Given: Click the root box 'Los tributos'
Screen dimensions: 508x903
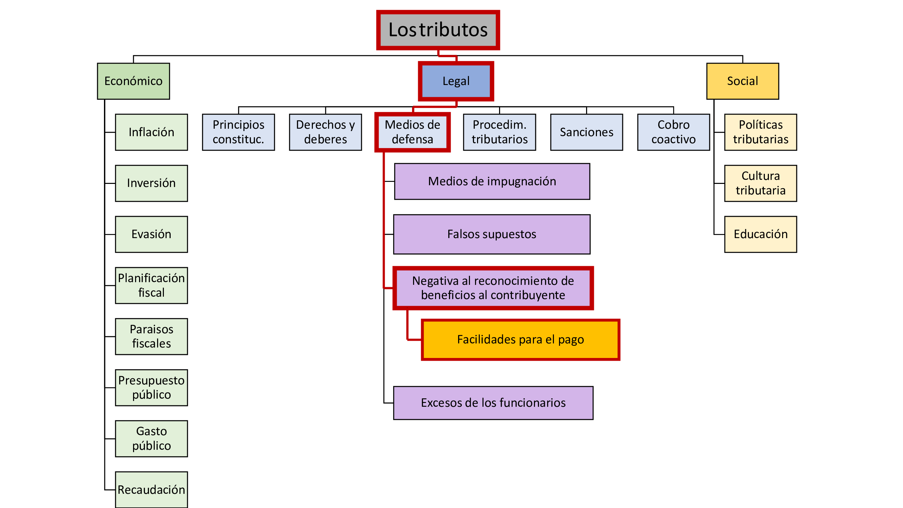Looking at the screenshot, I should click(x=438, y=30).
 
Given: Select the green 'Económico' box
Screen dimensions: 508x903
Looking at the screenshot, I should click(x=133, y=81).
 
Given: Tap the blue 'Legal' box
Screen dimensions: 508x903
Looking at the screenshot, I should click(x=456, y=81).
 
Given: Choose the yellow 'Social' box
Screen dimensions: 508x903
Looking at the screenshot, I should click(x=743, y=81).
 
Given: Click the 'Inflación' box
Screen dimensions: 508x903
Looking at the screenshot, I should click(x=151, y=132).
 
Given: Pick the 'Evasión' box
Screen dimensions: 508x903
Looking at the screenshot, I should click(x=151, y=234).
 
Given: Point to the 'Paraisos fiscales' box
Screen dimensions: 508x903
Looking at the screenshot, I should click(x=151, y=336).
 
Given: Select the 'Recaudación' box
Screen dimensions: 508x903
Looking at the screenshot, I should click(x=151, y=489).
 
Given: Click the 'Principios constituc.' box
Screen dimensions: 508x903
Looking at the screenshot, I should click(x=238, y=132).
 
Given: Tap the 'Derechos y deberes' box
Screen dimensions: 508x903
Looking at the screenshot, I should click(x=325, y=132).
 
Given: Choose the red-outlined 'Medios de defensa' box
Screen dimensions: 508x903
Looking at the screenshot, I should click(x=412, y=132).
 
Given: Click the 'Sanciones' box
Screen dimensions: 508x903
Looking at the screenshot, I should click(x=586, y=132).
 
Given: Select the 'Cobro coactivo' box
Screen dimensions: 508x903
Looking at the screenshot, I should click(x=673, y=132).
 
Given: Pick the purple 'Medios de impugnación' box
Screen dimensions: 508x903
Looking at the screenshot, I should click(x=492, y=181).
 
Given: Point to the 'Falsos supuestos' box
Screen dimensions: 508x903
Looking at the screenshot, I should click(x=492, y=234).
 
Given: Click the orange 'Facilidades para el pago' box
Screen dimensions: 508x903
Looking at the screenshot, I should click(x=520, y=339).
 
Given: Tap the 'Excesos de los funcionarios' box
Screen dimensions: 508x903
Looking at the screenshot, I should click(x=493, y=403).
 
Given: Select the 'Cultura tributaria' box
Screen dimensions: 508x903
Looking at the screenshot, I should click(x=760, y=183).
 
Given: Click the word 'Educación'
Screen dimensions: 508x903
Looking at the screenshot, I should click(x=760, y=234).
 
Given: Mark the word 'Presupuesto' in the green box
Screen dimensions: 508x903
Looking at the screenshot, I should click(x=151, y=380).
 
